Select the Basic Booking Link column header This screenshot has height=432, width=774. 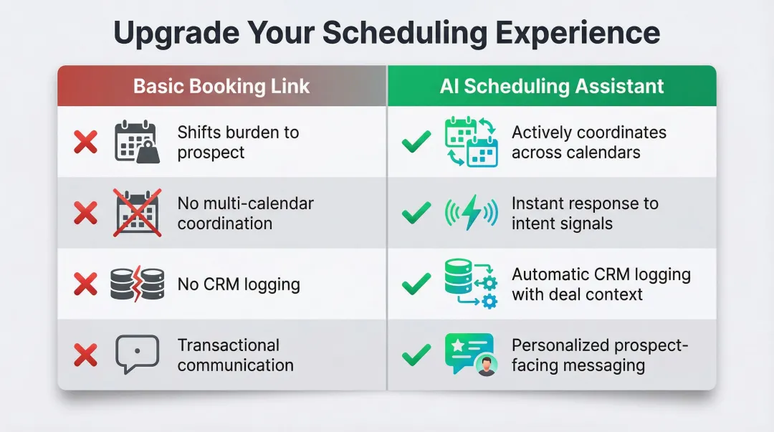pos(221,87)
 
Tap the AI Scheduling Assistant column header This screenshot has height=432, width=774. pos(552,87)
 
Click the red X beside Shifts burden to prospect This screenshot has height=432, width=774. pos(86,143)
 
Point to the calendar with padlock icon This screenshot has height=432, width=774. pos(135,142)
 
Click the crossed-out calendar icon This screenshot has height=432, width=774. pos(135,213)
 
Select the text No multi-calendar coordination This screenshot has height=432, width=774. pos(245,213)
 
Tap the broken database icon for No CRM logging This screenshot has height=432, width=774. pos(135,284)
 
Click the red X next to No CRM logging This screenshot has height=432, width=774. pos(86,284)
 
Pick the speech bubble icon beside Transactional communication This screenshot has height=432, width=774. pos(135,355)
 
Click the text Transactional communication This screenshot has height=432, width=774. pos(235,355)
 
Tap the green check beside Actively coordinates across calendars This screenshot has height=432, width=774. pos(416,143)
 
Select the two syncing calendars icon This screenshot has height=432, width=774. pos(471,142)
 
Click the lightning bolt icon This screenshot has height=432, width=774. pos(471,213)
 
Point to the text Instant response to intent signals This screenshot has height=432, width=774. pos(584,213)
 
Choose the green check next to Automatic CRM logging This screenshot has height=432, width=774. pos(416,284)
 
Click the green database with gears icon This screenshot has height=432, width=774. pos(470,284)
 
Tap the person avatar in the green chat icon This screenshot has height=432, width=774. pos(486,366)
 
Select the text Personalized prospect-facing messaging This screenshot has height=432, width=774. pos(599,355)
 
